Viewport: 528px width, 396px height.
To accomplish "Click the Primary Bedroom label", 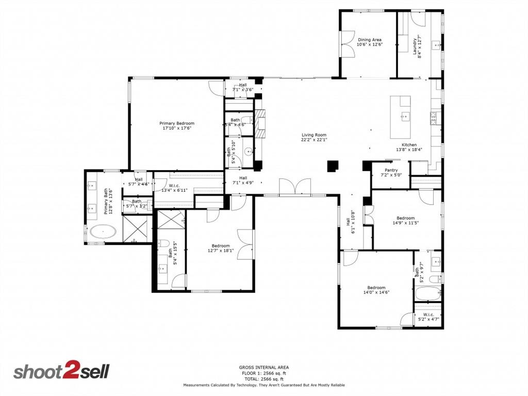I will [176, 124].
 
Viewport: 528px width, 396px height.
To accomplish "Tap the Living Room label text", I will [315, 136].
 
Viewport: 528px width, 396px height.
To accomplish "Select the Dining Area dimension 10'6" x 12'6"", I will [370, 44].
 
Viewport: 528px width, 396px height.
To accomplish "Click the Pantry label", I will [391, 170].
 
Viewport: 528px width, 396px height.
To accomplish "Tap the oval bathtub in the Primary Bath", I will [104, 232].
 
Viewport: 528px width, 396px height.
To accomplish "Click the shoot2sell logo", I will [61, 371].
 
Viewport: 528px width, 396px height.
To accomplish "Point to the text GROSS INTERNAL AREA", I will [264, 368].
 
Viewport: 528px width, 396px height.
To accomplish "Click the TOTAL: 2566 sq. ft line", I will [264, 378].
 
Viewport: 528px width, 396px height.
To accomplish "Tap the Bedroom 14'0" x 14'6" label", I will [376, 290].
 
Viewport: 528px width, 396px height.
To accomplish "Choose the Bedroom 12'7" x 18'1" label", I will [220, 249].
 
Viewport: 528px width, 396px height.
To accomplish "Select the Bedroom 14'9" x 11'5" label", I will [405, 221].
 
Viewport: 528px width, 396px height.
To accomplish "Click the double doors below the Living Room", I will [294, 187].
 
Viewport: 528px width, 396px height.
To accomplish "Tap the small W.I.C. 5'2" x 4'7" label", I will [428, 317].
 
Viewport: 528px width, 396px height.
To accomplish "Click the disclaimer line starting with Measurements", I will [264, 385].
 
